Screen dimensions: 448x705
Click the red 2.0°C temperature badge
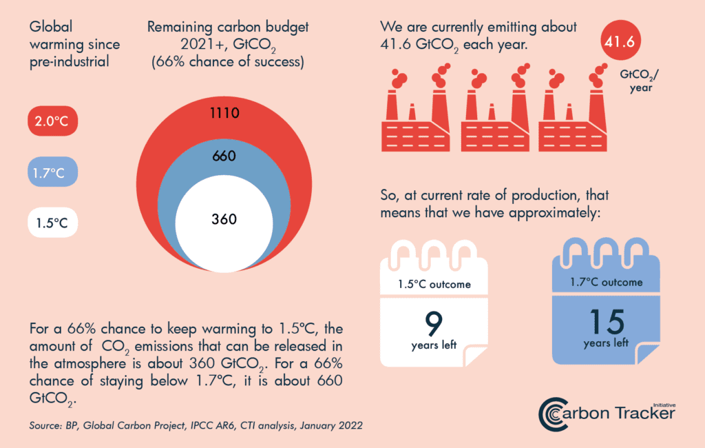[52, 123]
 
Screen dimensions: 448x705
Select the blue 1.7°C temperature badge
[52, 172]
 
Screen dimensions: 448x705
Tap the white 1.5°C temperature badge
[52, 223]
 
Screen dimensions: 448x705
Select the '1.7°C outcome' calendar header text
[606, 282]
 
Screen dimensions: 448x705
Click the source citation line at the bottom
[196, 426]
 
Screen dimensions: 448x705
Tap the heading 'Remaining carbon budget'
[228, 28]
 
